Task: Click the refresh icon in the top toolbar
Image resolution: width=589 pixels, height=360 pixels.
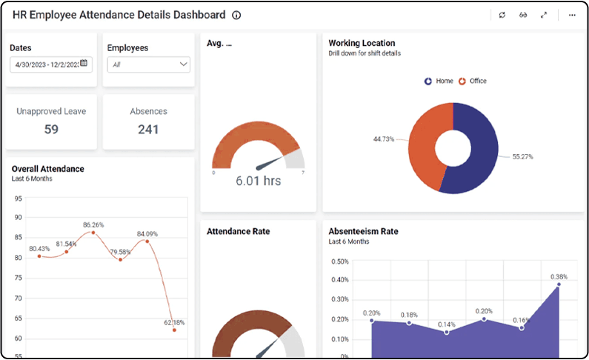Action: pos(502,15)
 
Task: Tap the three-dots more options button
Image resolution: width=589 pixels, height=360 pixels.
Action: pos(572,15)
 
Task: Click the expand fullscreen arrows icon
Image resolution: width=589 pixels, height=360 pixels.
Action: pos(544,15)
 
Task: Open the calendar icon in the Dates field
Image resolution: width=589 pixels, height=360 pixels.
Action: pos(84,64)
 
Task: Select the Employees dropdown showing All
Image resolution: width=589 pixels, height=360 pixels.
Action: pos(148,64)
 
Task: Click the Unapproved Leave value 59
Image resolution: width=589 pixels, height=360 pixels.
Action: pos(51,130)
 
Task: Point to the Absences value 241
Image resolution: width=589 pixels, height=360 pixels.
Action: pos(148,130)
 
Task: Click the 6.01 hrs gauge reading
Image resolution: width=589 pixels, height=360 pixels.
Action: pos(258,181)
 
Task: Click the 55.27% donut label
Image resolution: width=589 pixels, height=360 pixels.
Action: pos(522,157)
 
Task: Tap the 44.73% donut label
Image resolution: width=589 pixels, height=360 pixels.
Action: pos(384,139)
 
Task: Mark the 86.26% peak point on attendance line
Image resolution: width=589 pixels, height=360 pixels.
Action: pos(93,233)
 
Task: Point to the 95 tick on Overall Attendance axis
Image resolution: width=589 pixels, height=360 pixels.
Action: pos(18,199)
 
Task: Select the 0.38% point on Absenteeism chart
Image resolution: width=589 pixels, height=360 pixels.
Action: pos(559,284)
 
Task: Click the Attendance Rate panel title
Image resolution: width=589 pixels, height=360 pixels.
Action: pos(239,232)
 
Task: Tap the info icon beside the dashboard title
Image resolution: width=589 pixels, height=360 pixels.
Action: pos(236,15)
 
